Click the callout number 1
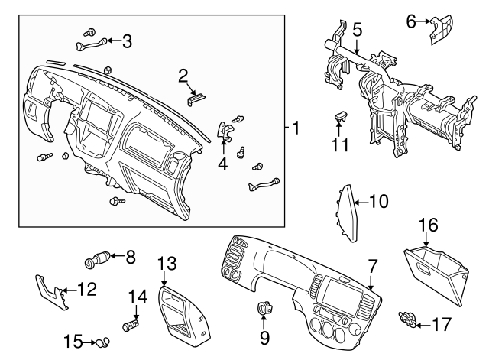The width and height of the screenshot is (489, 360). [295, 127]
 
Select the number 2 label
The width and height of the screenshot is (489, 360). [183, 75]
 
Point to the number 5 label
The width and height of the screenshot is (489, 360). [356, 31]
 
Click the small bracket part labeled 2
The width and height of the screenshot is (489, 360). [196, 97]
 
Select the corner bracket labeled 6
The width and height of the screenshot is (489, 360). [440, 28]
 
